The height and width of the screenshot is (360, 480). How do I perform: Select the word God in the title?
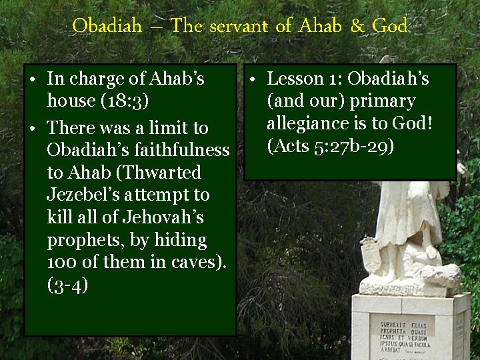pyautogui.click(x=390, y=26)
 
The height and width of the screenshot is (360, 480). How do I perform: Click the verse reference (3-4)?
pyautogui.click(x=66, y=285)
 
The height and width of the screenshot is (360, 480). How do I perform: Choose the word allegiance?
pyautogui.click(x=309, y=123)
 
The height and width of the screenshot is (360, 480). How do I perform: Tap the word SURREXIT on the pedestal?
pyautogui.click(x=394, y=326)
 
